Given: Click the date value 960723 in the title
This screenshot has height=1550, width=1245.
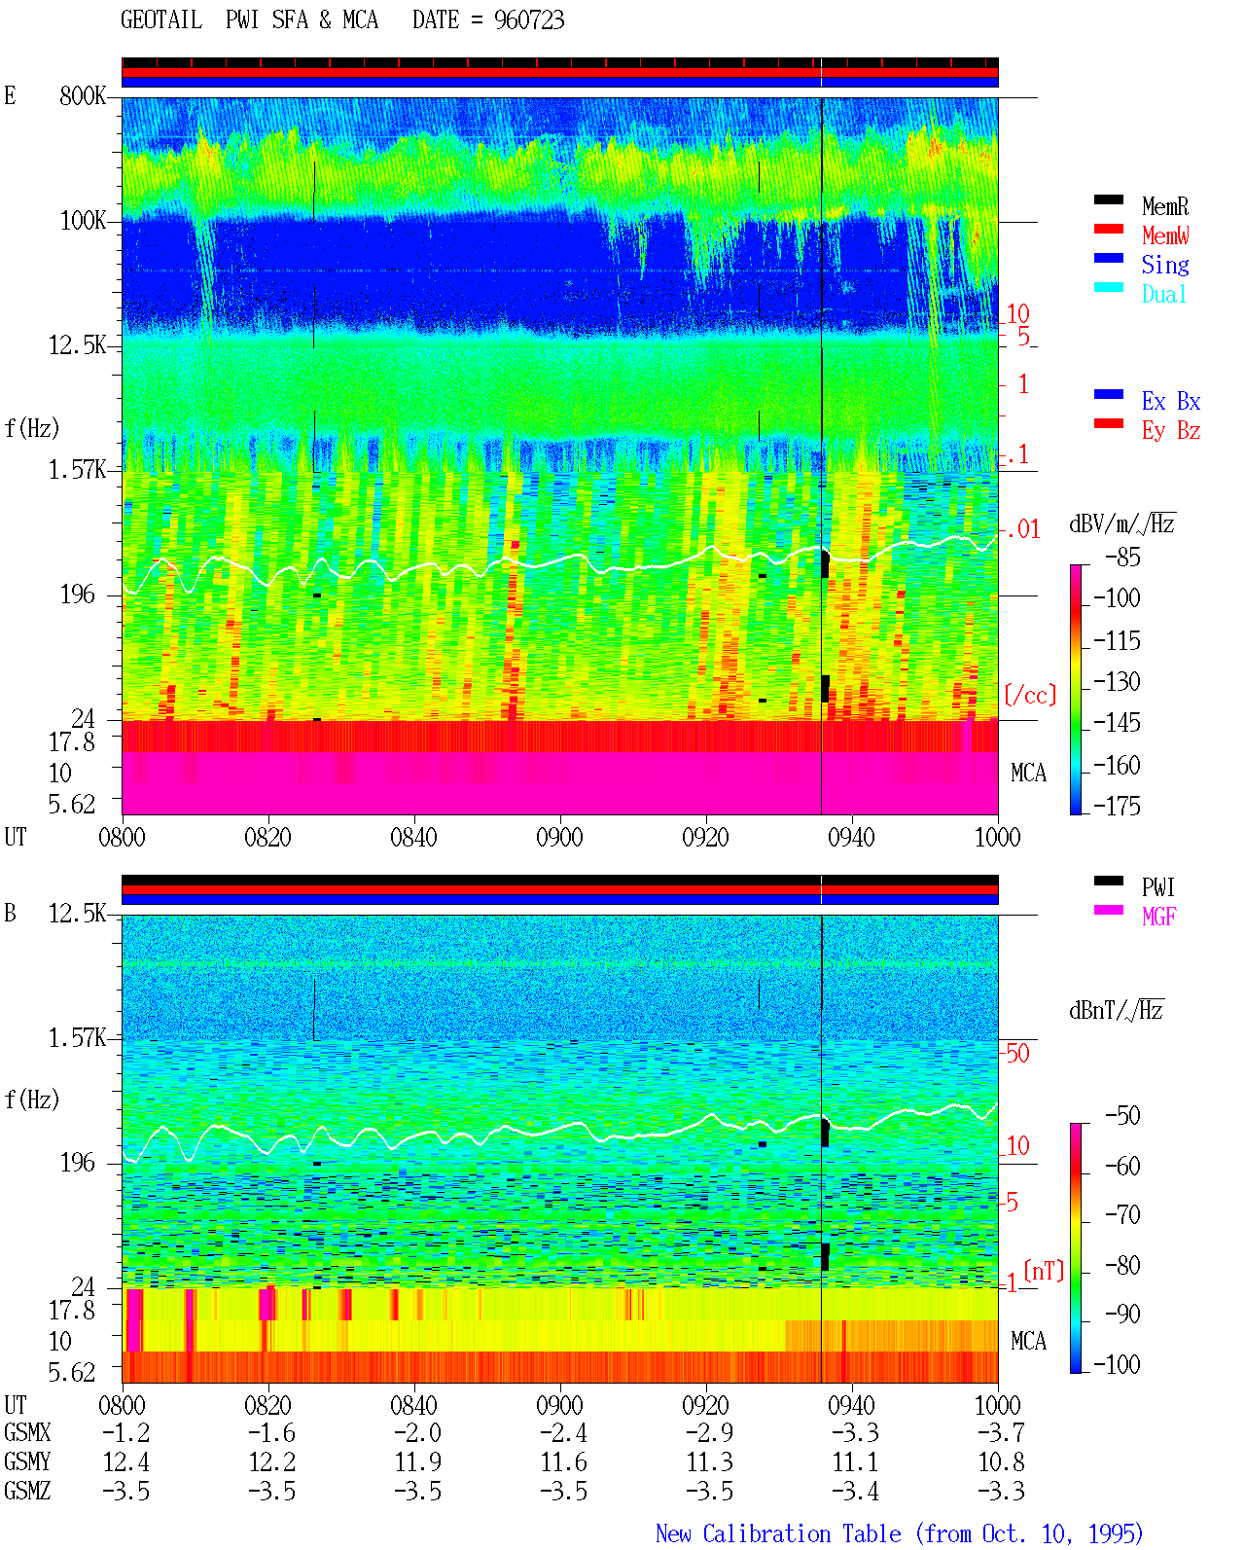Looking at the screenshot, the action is [528, 20].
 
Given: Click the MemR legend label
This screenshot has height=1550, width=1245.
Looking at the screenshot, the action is [1164, 206].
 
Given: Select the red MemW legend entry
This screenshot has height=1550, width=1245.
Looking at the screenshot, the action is [1164, 235].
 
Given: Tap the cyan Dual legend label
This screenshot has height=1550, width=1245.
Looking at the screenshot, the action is [1163, 294].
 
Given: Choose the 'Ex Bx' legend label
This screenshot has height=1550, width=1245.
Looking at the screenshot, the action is [1171, 401].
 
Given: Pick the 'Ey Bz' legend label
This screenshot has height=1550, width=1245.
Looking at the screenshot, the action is [1171, 431].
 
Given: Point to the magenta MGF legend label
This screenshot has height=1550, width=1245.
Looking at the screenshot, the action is [1158, 917].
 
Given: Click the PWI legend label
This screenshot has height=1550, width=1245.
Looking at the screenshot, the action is [1157, 886].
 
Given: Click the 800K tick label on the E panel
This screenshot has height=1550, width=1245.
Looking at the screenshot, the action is [83, 95].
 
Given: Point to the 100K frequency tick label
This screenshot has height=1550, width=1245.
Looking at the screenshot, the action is [83, 221].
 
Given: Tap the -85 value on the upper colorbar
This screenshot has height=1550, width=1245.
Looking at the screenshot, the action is [1122, 557].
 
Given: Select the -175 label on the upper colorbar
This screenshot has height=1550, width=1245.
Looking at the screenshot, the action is [1117, 806].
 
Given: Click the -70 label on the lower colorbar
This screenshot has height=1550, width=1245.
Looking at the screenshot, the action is [1122, 1214].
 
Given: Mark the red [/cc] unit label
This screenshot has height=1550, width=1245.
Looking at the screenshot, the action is [1030, 695].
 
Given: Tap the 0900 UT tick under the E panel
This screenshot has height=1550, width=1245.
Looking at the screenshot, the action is [559, 837].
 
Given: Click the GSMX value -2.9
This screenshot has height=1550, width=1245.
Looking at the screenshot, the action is [709, 1432].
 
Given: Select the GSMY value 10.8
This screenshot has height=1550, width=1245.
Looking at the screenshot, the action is [1002, 1461].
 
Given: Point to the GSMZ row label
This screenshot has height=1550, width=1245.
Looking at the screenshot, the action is [27, 1491].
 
